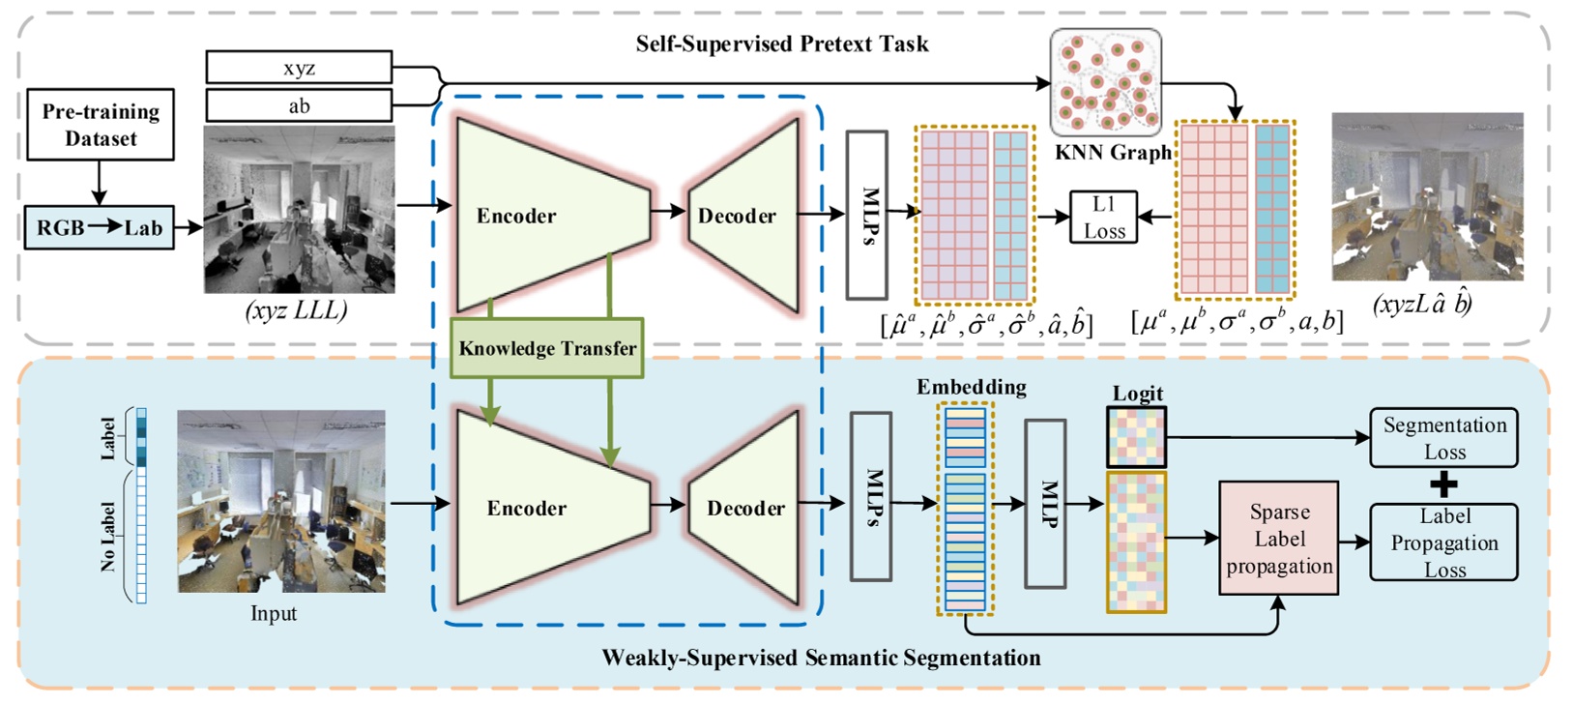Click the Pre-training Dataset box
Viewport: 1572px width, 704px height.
click(x=101, y=125)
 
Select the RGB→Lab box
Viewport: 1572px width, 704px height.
click(x=99, y=228)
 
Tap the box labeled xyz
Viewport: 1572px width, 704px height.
click(x=299, y=68)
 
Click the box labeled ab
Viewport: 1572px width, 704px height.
click(x=299, y=105)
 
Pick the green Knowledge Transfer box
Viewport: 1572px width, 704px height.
click(x=547, y=348)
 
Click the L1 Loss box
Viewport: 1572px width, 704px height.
click(x=1103, y=218)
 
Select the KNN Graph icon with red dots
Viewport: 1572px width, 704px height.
click(x=1106, y=83)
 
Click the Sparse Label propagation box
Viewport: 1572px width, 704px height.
click(x=1279, y=539)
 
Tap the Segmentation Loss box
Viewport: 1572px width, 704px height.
click(x=1443, y=438)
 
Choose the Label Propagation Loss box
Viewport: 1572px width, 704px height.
click(x=1443, y=543)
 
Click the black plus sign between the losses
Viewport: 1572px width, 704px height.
click(x=1443, y=484)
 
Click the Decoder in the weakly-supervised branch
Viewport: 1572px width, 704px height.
click(x=744, y=508)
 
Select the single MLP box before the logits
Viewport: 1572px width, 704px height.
click(x=1045, y=504)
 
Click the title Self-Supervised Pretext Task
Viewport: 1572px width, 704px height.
click(x=781, y=44)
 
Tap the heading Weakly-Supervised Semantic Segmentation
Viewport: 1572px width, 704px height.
click(x=821, y=659)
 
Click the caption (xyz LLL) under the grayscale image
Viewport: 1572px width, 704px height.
click(x=297, y=310)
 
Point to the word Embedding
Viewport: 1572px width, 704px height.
click(x=971, y=387)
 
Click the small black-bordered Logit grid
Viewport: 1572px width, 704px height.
click(x=1136, y=437)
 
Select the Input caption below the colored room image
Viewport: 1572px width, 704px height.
click(x=274, y=613)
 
